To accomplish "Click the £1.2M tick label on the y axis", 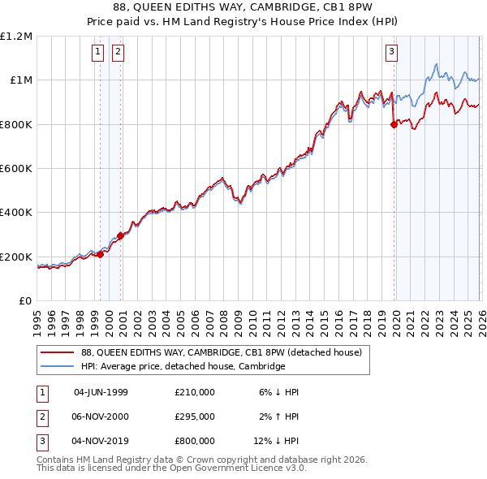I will click(x=16, y=37).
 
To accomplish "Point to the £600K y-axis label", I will click(x=16, y=169).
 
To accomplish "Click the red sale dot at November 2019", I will click(x=394, y=124).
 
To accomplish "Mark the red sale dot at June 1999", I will click(x=101, y=254).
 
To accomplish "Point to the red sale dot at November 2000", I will click(x=121, y=235).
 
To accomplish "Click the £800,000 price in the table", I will click(x=195, y=441).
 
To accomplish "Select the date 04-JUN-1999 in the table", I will click(x=101, y=392).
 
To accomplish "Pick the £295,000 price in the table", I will click(x=195, y=416).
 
